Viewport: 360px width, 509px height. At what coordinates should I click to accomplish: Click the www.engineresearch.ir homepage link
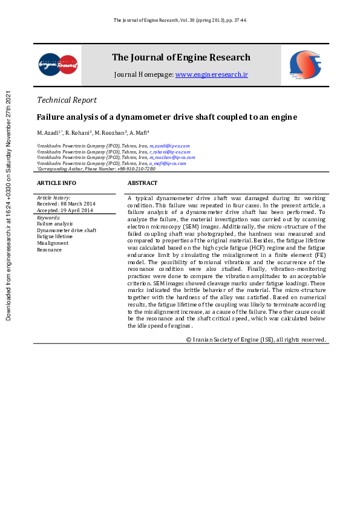[212, 74]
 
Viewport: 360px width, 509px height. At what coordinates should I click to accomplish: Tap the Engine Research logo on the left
[58, 64]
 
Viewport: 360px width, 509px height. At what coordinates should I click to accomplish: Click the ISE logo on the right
[304, 64]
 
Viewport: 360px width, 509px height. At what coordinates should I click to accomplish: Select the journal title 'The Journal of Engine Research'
[181, 57]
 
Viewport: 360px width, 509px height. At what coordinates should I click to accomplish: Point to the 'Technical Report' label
[67, 100]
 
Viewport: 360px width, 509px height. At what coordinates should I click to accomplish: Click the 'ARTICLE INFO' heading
[56, 183]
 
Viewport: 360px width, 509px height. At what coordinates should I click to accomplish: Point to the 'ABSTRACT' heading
[142, 183]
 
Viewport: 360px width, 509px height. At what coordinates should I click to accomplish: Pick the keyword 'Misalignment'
[53, 243]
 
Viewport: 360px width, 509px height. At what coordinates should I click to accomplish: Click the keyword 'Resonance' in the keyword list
[49, 250]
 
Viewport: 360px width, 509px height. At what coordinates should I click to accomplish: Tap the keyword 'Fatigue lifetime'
[54, 236]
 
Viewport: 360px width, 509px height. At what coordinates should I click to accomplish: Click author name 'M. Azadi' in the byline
[48, 132]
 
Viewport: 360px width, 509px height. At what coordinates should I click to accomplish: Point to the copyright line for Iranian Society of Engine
[256, 340]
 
